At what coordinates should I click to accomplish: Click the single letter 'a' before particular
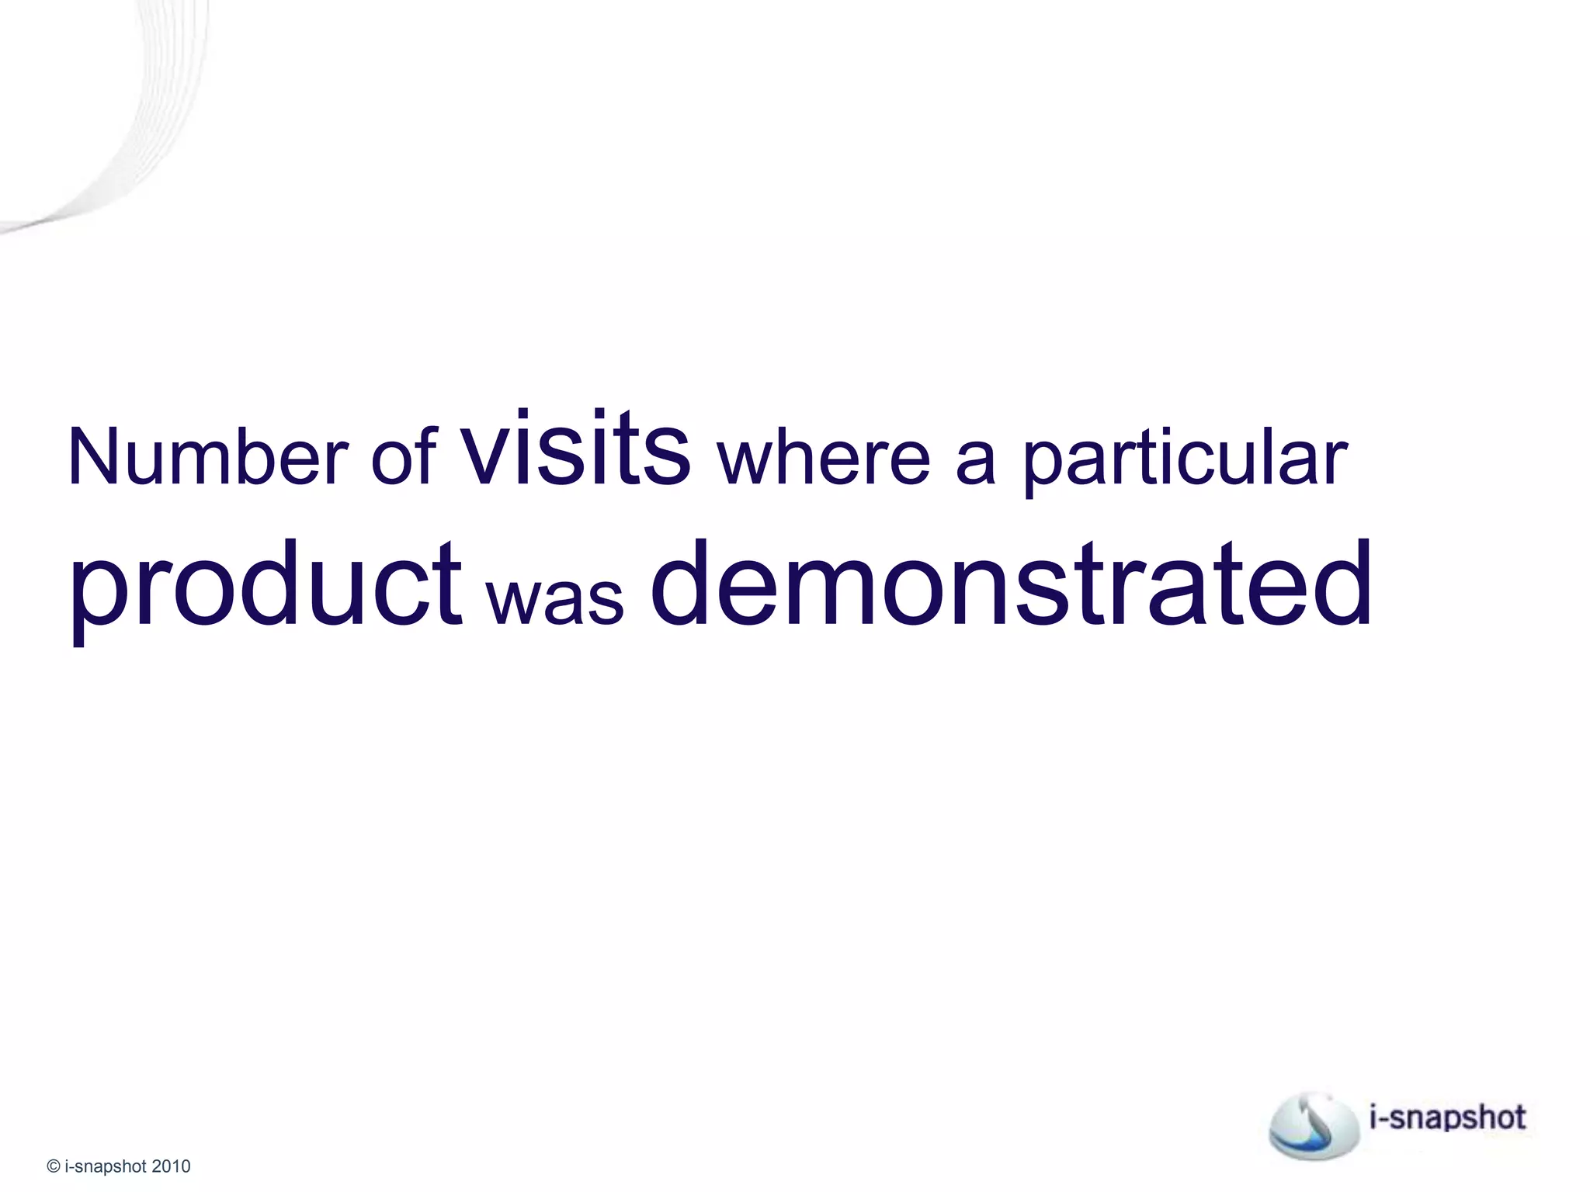975,462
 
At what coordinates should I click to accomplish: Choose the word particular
1185,459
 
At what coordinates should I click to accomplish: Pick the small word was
555,599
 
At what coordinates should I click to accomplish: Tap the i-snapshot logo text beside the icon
1447,1117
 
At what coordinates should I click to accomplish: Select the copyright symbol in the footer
54,1166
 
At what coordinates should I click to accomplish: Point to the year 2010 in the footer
171,1166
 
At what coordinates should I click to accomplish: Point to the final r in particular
1337,462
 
